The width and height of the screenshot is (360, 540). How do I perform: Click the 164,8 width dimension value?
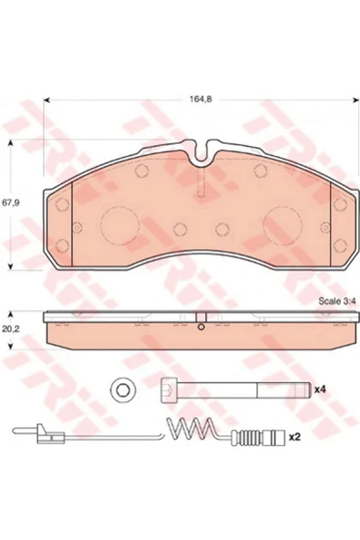tap(201, 99)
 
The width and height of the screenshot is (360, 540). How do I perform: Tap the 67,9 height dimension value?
tap(11, 202)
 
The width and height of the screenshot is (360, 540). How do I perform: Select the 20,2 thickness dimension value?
tap(11, 328)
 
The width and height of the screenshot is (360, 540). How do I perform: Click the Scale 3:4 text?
tap(337, 301)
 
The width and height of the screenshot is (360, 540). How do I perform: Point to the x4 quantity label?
tap(320, 389)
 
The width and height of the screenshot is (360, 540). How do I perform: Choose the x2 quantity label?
tap(295, 437)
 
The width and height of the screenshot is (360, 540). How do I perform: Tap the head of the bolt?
tap(170, 389)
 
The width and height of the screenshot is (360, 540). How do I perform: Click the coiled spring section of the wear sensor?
tap(190, 429)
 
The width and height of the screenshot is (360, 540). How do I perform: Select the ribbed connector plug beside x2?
tap(263, 437)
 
